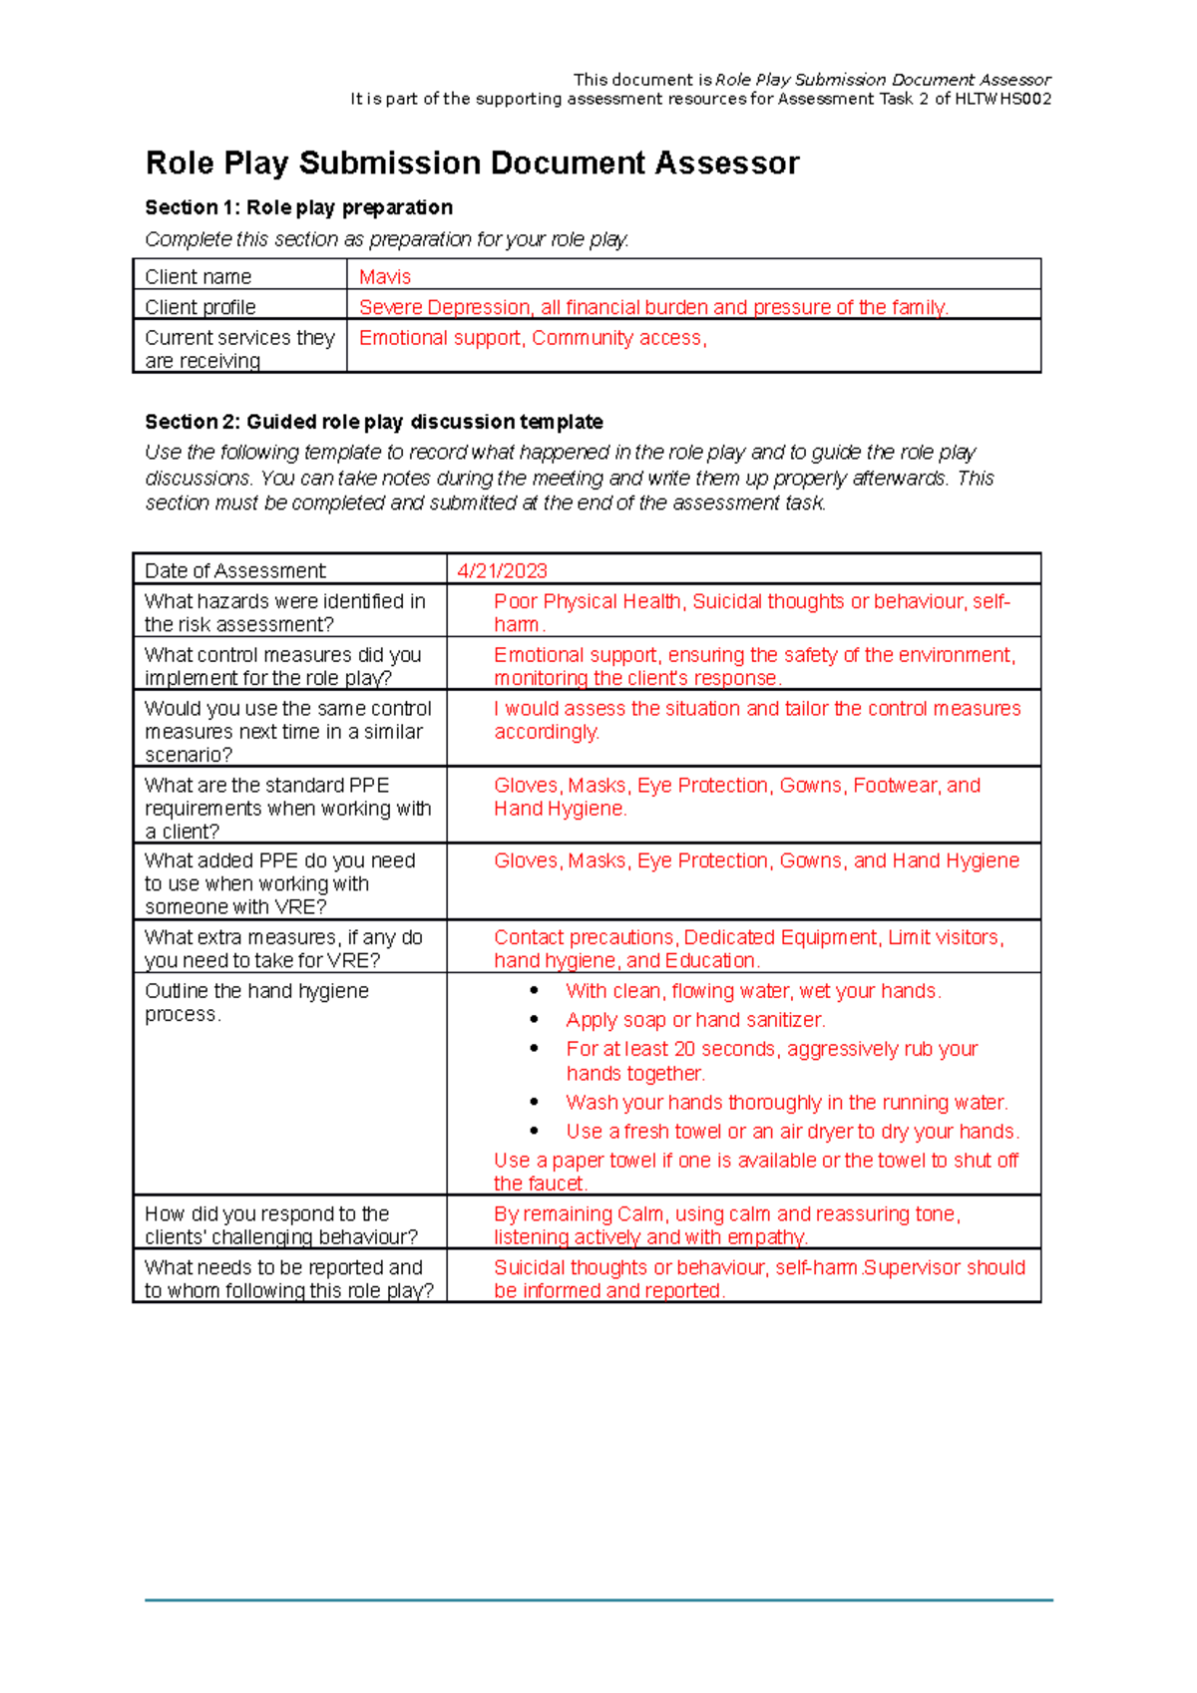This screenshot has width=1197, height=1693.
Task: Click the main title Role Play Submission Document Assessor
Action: coord(472,164)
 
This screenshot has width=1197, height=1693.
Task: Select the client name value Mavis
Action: coord(385,277)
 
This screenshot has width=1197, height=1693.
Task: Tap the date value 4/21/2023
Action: coord(502,570)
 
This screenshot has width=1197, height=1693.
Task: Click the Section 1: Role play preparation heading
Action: coord(298,207)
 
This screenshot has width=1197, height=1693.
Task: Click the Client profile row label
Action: coord(200,307)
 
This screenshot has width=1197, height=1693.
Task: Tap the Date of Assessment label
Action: coord(234,570)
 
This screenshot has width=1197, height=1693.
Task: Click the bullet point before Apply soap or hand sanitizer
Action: coord(535,1020)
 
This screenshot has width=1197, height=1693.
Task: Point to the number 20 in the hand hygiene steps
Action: coord(684,1049)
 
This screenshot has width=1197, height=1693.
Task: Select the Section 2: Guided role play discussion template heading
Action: coord(373,422)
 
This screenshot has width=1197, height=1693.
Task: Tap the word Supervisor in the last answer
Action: coord(909,1267)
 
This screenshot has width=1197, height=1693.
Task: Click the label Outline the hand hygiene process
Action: coord(256,1002)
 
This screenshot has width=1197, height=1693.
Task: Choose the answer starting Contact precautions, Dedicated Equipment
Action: coord(748,949)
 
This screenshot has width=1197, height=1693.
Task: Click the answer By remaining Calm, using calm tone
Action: coord(726,1225)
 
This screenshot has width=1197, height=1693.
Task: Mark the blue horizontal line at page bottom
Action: coord(598,1600)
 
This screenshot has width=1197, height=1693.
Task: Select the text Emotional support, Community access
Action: coord(533,338)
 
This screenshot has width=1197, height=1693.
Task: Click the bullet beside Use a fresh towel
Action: coord(535,1132)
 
